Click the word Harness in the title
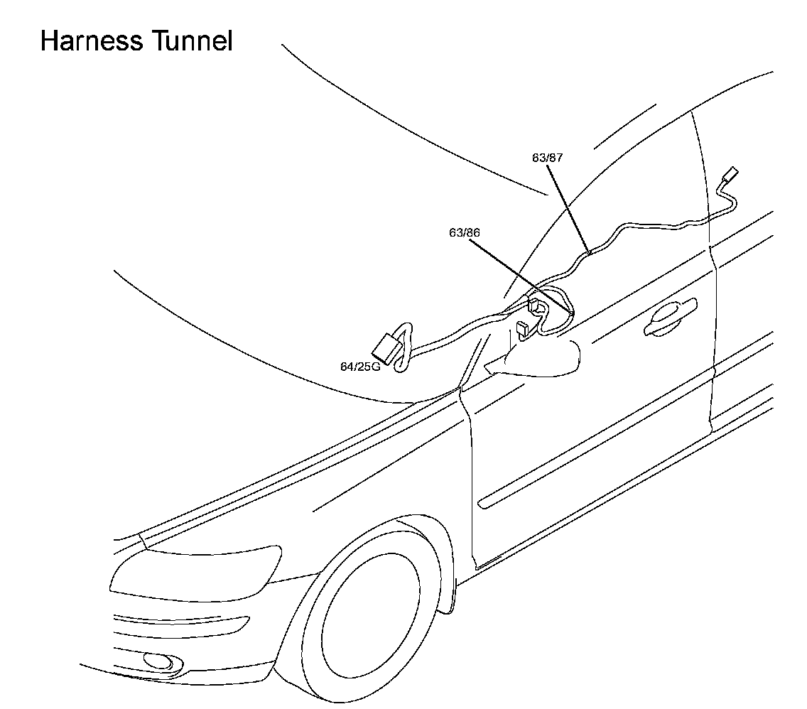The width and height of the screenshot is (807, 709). (x=91, y=40)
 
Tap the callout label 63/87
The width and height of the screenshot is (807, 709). (x=547, y=158)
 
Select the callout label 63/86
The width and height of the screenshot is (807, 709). (x=465, y=232)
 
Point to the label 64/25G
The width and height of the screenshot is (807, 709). (x=360, y=367)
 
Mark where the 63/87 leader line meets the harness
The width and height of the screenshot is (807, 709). (x=589, y=251)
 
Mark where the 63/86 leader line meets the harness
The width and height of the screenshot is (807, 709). (x=572, y=313)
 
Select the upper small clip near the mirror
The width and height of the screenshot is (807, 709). (x=536, y=306)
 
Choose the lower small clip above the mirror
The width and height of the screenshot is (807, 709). (x=522, y=329)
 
